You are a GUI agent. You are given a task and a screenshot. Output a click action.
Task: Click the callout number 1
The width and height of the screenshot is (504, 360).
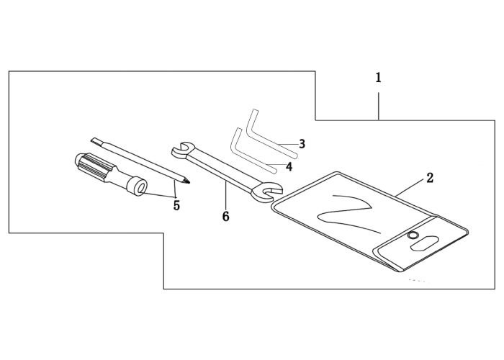tap(378, 78)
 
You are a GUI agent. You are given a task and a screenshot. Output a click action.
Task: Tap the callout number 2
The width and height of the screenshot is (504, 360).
tap(430, 178)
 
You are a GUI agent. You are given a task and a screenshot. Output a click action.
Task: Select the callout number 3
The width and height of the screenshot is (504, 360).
tap(302, 144)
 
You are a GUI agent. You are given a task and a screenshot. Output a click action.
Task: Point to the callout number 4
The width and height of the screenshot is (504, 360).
tap(289, 166)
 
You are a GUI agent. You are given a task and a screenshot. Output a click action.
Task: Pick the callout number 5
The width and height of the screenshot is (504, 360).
tap(176, 205)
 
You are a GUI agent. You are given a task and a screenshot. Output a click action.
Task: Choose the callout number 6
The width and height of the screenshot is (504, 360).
tap(225, 217)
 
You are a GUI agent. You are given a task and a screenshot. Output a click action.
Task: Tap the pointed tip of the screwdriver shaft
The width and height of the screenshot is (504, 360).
tap(189, 183)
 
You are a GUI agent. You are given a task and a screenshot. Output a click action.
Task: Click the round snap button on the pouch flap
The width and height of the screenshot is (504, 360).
tap(412, 235)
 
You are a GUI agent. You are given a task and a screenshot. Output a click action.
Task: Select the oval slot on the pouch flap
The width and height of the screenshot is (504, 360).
tap(424, 243)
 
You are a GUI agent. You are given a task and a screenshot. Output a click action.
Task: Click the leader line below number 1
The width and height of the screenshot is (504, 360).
tap(379, 107)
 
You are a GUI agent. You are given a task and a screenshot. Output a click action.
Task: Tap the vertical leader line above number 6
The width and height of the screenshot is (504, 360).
tap(226, 195)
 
